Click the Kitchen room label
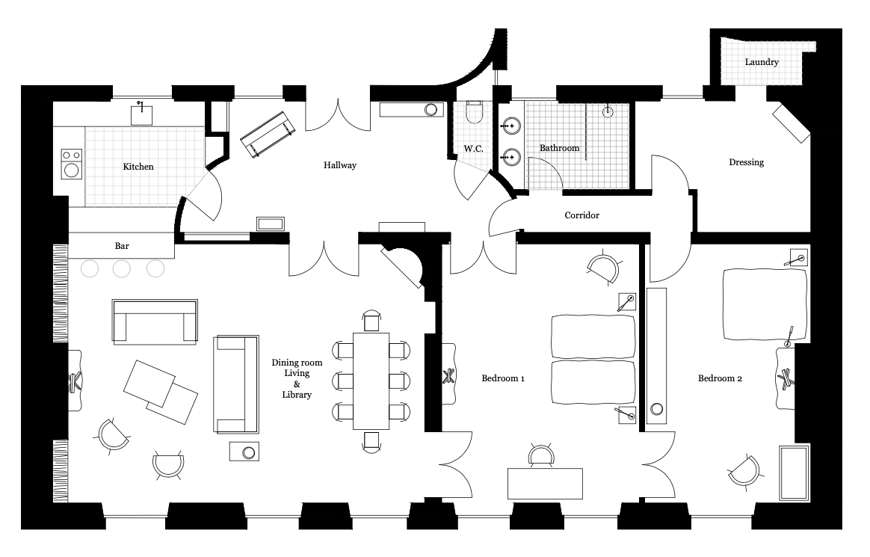click(x=138, y=167)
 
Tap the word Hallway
click(x=340, y=165)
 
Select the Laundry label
click(x=762, y=62)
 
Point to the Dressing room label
click(x=746, y=162)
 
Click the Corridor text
click(x=582, y=215)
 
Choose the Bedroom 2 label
click(x=721, y=378)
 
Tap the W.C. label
click(x=473, y=149)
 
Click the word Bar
click(x=122, y=246)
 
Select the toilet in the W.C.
click(x=475, y=113)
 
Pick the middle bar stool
click(x=122, y=269)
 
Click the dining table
click(x=371, y=381)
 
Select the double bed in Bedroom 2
click(x=765, y=304)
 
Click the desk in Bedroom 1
click(x=545, y=484)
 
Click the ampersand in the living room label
click(x=297, y=384)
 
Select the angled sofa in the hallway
click(x=268, y=135)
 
